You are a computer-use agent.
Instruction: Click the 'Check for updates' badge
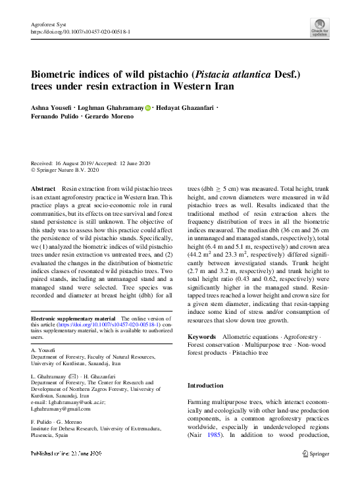coord(320,28)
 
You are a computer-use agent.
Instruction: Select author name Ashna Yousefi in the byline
coord(52,107)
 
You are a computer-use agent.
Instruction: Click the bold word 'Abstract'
coord(43,189)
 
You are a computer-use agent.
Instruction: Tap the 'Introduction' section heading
coord(206,386)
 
